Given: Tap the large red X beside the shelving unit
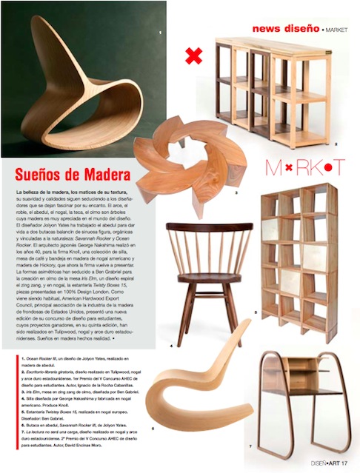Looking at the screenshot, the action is pos(194,55).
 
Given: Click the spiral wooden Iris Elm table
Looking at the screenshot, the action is pos(190,155).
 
